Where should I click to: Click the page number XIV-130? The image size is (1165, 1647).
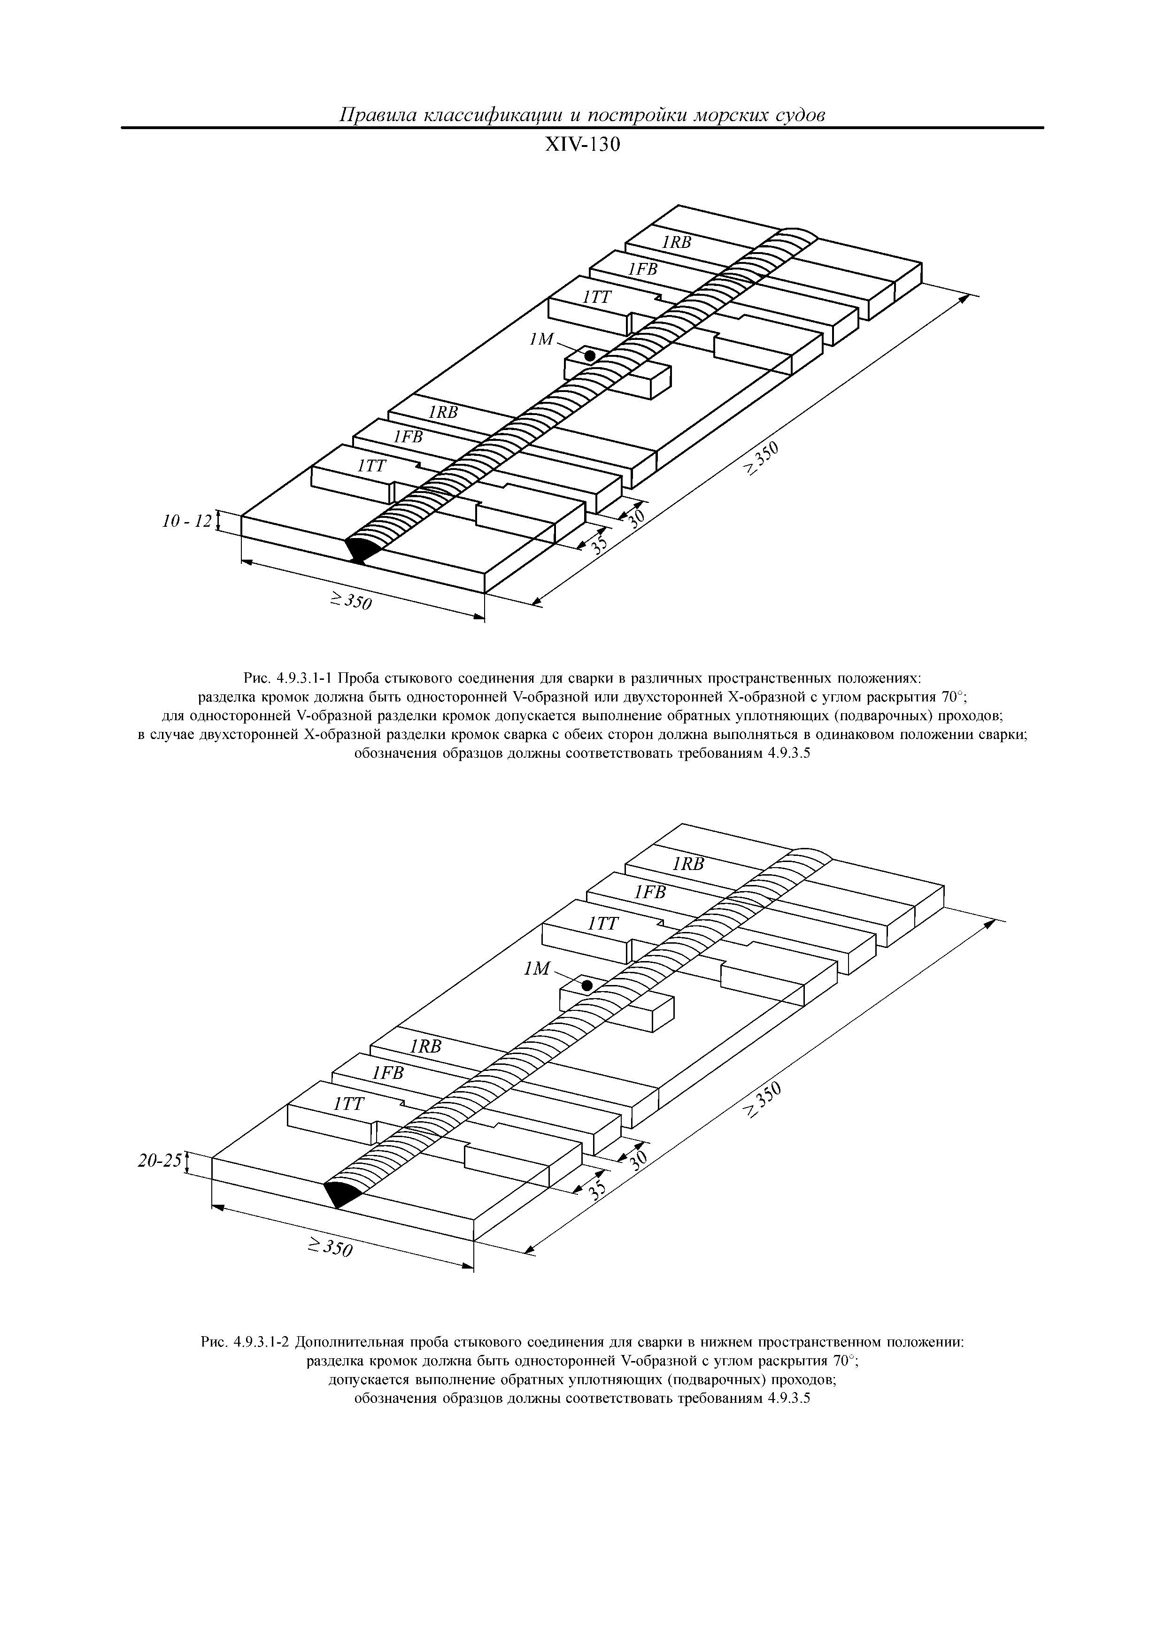(582, 146)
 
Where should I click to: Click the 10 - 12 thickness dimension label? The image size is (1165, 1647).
(188, 522)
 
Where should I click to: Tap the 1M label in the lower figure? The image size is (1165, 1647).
(537, 970)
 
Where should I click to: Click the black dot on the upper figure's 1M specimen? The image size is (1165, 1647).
(590, 355)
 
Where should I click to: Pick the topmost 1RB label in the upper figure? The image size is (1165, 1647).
(676, 242)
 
